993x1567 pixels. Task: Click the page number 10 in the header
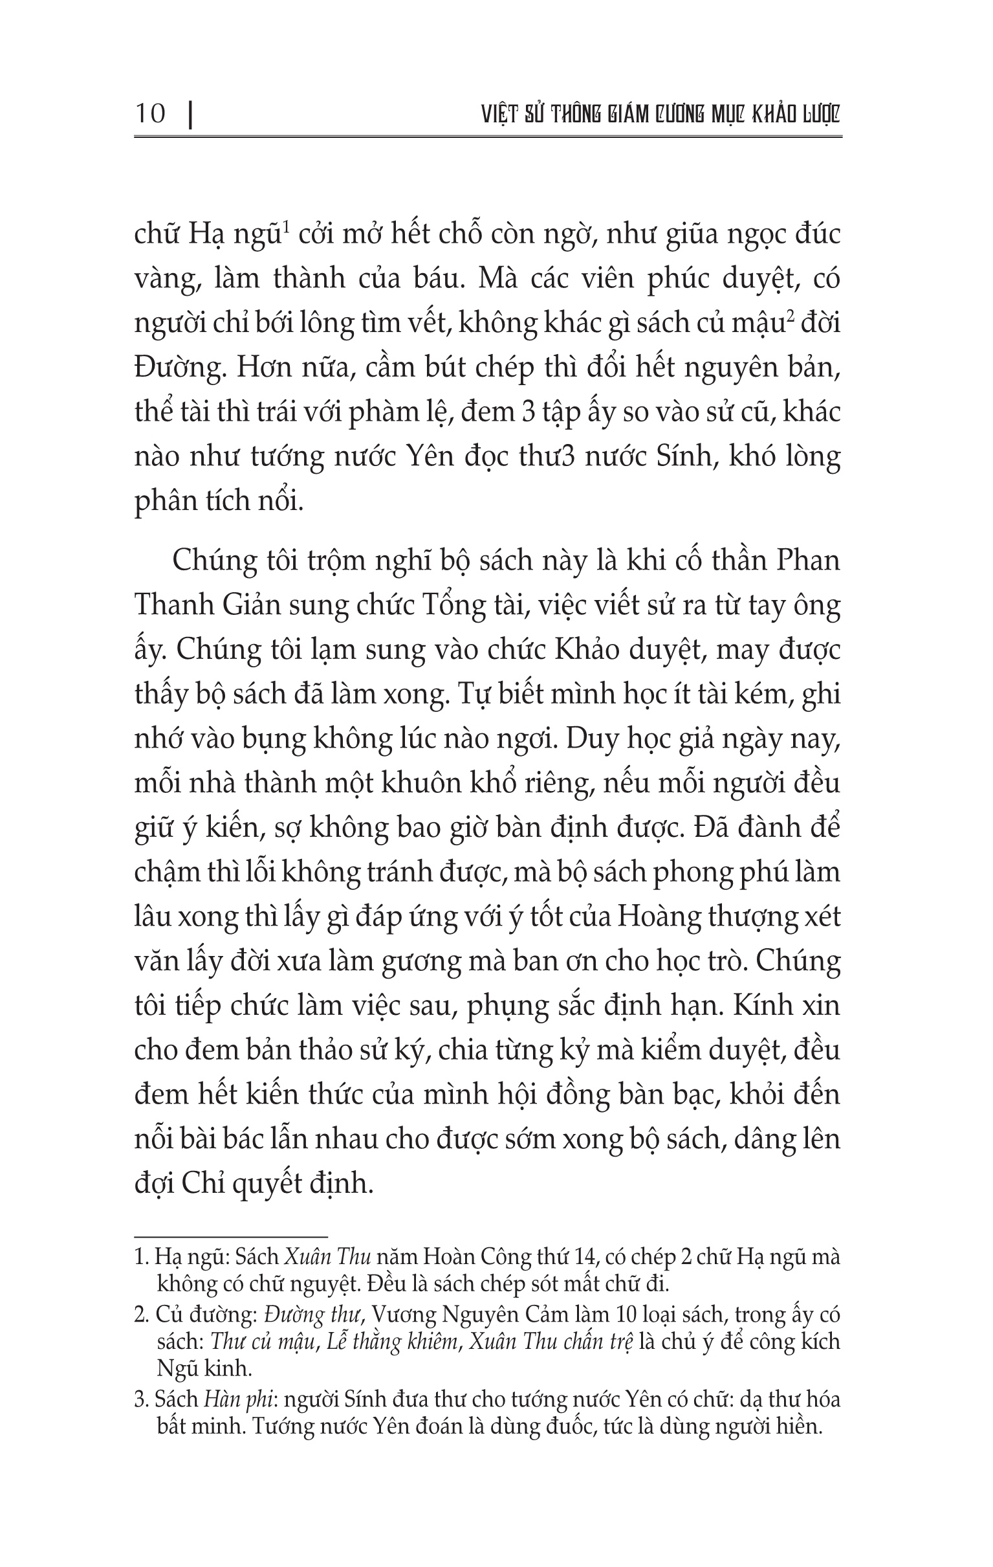(x=150, y=114)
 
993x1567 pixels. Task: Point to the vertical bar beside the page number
(x=190, y=115)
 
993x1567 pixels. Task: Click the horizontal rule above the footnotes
(x=230, y=1236)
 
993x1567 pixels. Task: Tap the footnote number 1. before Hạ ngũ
(x=142, y=1257)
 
